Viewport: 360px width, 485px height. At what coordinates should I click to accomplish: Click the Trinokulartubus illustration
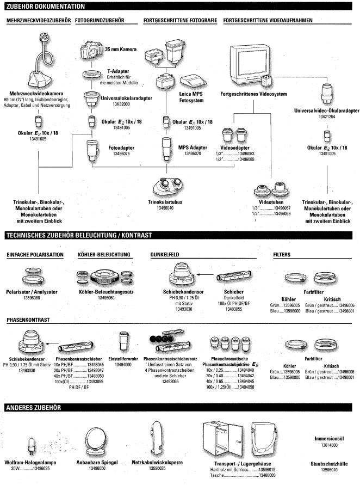click(x=168, y=188)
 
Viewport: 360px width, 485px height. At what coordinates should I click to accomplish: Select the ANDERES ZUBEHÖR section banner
click(x=37, y=407)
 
